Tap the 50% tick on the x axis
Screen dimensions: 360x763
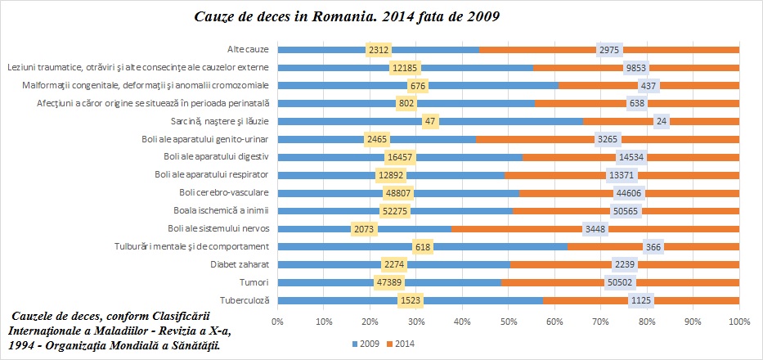tap(508, 322)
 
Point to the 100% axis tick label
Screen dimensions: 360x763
tap(738, 322)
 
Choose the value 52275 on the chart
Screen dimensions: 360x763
tap(395, 211)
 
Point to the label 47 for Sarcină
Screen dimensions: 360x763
tap(430, 121)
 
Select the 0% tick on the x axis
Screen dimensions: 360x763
tap(277, 322)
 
